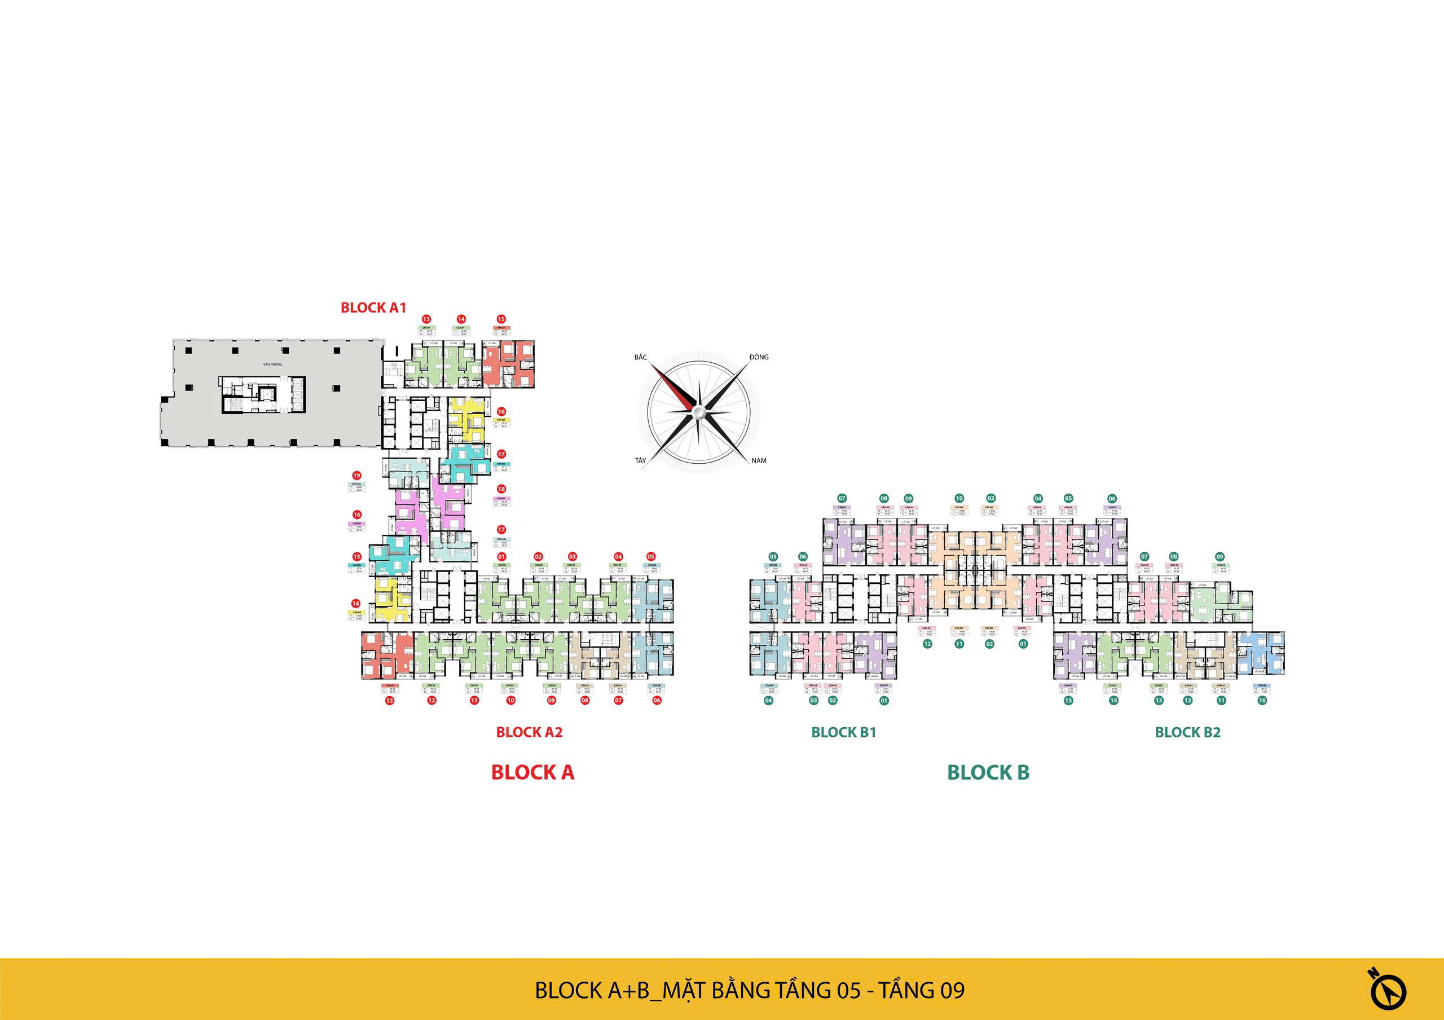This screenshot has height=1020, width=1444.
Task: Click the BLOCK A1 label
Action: tap(373, 307)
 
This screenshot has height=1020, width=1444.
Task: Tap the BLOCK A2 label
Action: tap(529, 732)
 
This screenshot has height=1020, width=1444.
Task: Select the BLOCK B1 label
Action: tap(843, 732)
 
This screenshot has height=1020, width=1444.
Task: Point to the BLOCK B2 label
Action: tap(1187, 732)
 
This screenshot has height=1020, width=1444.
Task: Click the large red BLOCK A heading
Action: tap(532, 772)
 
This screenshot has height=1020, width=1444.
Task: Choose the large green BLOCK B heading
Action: tap(988, 772)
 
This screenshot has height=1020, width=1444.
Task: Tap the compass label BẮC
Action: tap(640, 357)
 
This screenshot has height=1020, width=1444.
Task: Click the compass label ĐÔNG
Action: tap(759, 357)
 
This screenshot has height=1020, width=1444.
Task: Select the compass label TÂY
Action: tap(640, 460)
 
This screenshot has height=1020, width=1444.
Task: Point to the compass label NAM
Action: tap(759, 460)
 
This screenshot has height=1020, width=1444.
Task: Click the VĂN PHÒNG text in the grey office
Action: tap(273, 364)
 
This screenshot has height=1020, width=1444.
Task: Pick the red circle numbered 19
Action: tap(356, 476)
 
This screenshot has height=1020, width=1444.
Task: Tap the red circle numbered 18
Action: tap(501, 489)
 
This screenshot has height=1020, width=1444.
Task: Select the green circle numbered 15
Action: tap(1068, 700)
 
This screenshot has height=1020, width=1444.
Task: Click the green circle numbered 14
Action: tap(1114, 700)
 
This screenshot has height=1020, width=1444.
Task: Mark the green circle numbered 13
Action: tap(1159, 700)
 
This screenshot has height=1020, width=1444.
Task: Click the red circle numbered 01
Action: tap(501, 556)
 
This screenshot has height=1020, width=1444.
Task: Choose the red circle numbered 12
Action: tap(432, 700)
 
